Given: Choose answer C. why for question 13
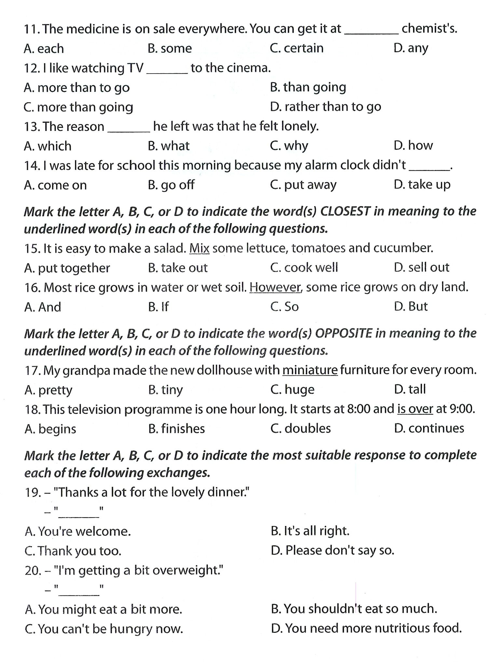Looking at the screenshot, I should click(289, 146).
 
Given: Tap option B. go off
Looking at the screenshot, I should click(171, 185).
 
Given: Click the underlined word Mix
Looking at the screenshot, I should click(199, 248).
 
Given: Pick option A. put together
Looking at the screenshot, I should click(67, 268).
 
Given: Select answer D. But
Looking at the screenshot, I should click(410, 307).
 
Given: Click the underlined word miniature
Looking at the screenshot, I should click(310, 370).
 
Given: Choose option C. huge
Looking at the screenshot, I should click(292, 390).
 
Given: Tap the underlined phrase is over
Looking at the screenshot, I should click(415, 409).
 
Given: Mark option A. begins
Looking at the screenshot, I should click(50, 429).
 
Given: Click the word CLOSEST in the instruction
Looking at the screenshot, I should click(345, 211).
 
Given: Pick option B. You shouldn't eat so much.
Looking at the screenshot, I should click(354, 609).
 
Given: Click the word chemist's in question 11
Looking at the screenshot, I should click(429, 29).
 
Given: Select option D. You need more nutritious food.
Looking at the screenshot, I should click(366, 628).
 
